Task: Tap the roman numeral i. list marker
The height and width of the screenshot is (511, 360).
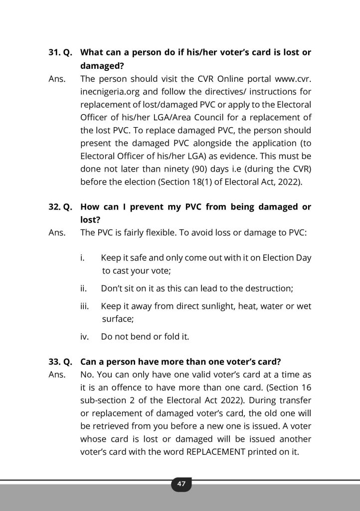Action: click(82, 258)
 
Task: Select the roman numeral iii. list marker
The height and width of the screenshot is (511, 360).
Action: click(84, 306)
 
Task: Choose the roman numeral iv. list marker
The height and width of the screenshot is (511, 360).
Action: click(84, 336)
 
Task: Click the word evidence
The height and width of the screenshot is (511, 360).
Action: click(239, 157)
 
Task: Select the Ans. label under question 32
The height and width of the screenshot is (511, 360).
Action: click(56, 232)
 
